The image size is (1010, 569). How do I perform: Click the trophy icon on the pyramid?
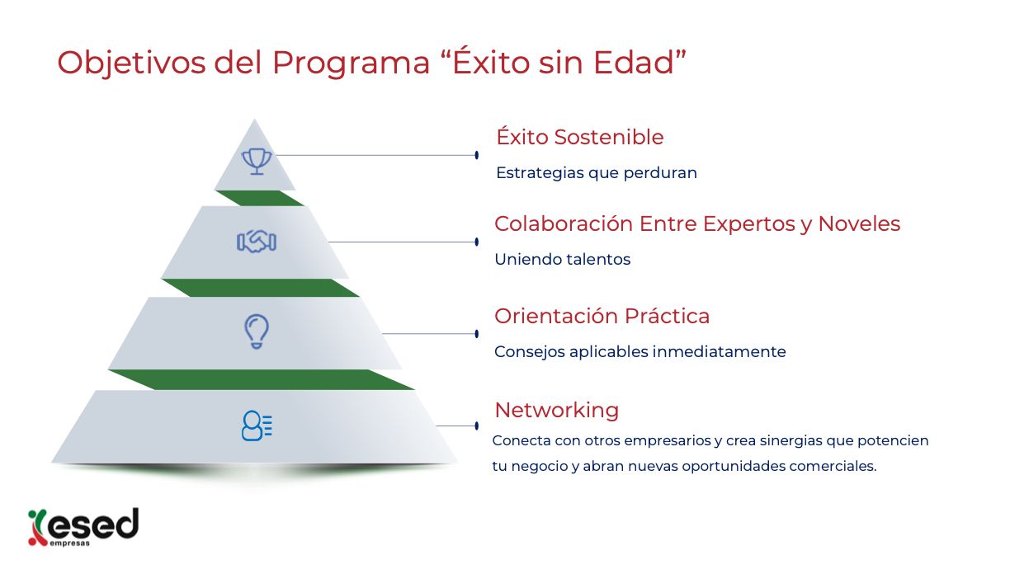click(257, 162)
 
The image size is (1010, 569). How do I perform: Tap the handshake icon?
click(257, 242)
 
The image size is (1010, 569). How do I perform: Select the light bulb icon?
click(257, 332)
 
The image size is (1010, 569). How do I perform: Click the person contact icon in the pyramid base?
click(257, 426)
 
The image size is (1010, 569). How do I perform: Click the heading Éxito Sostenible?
click(580, 137)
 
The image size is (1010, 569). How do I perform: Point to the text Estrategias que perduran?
click(597, 173)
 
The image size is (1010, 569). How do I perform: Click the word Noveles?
click(859, 224)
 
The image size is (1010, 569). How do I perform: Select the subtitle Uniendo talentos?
click(563, 260)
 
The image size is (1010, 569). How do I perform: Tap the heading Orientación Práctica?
click(602, 316)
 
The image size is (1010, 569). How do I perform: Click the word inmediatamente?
click(720, 351)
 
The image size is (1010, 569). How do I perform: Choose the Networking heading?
click(557, 410)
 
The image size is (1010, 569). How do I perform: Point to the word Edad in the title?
click(634, 63)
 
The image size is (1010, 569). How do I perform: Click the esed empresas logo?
click(83, 527)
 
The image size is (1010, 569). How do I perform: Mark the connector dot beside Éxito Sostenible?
click(477, 155)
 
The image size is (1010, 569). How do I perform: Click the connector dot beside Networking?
click(477, 426)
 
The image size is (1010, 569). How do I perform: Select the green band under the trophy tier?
click(259, 198)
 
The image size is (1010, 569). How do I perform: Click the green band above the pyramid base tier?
click(262, 380)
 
